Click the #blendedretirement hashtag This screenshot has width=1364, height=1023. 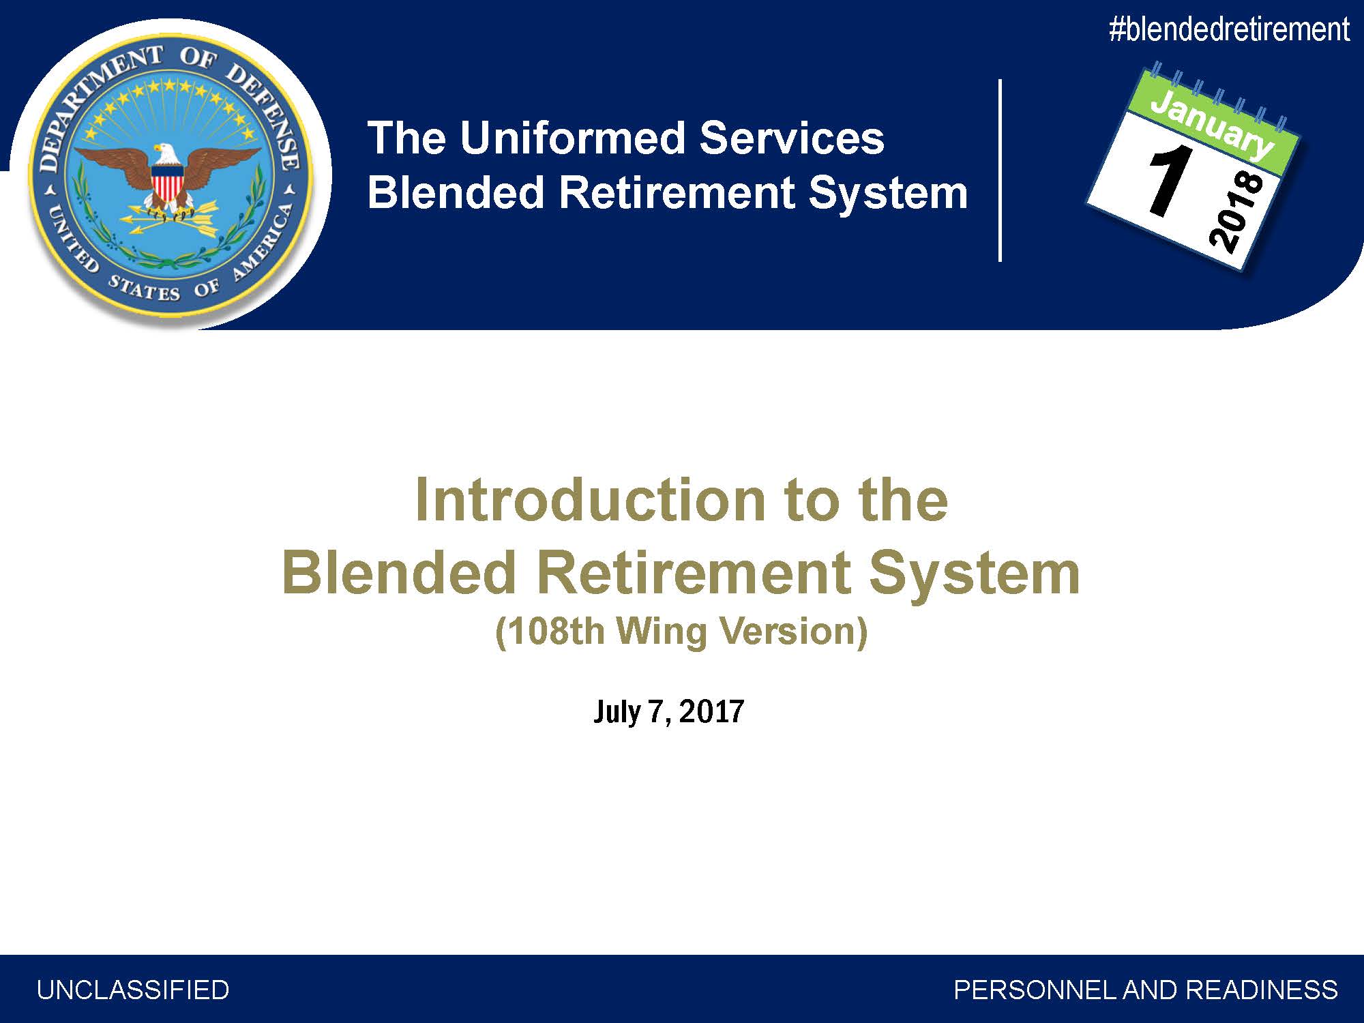[1229, 30]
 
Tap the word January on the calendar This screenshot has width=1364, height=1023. [1212, 123]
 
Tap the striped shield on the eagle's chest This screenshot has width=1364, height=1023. [166, 185]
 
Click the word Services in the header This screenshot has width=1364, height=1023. [792, 138]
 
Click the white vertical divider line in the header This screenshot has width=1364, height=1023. [1000, 170]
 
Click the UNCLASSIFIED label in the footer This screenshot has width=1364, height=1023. [133, 990]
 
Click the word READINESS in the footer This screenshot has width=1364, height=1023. [1262, 990]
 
